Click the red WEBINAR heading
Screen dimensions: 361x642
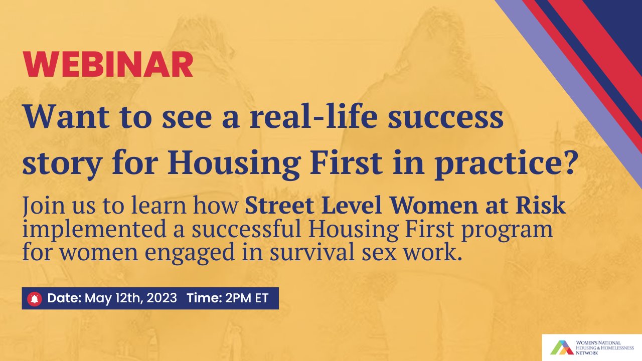(108, 64)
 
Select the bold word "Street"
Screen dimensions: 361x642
(274, 207)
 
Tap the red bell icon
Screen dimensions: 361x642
(34, 298)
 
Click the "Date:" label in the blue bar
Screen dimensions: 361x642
(64, 298)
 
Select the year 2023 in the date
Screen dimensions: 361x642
(162, 298)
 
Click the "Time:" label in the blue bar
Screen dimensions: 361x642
(204, 298)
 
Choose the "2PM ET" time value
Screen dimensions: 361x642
(247, 298)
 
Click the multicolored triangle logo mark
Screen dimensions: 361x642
(561, 347)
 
